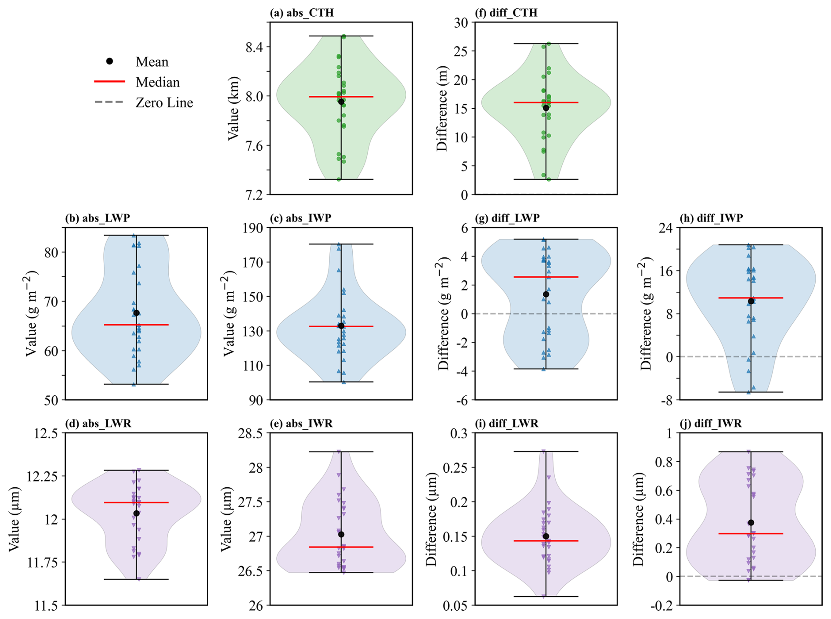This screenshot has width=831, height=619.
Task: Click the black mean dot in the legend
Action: [110, 61]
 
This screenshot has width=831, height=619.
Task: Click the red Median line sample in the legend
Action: [110, 82]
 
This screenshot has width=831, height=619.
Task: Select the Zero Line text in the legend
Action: [164, 103]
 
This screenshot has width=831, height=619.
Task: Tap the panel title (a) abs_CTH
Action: [302, 13]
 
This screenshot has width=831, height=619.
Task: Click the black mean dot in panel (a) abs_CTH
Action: [341, 101]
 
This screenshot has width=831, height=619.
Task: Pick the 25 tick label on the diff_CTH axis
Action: [460, 51]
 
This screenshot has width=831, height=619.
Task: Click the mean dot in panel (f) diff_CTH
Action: [546, 108]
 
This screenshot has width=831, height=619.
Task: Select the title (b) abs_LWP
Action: [98, 218]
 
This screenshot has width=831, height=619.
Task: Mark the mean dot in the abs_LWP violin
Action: [137, 313]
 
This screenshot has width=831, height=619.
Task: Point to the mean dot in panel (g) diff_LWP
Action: [546, 294]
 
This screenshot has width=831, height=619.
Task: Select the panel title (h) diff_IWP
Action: [712, 218]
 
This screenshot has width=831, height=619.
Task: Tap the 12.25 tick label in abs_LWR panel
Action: [42, 476]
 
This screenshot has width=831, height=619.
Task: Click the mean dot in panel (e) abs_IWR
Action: [341, 534]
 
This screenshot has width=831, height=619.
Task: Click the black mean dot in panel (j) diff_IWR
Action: [751, 523]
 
